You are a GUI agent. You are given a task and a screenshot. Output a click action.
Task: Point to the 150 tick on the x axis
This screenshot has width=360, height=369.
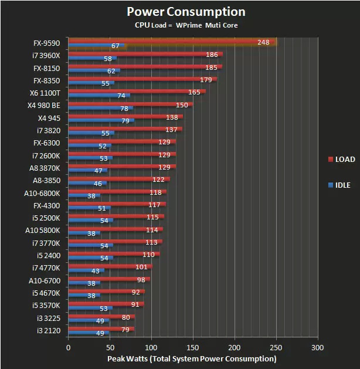click(x=193, y=347)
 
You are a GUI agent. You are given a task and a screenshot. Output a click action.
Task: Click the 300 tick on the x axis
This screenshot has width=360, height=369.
click(x=318, y=347)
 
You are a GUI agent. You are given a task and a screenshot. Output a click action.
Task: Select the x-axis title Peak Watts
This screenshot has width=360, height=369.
click(x=191, y=358)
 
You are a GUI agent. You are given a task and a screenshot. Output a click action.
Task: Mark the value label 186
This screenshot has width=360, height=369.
click(x=212, y=55)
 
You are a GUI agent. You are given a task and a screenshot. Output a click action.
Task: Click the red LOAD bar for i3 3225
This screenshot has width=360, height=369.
click(x=101, y=317)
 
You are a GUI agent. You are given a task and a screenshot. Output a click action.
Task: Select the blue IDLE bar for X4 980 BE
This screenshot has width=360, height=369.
click(x=100, y=109)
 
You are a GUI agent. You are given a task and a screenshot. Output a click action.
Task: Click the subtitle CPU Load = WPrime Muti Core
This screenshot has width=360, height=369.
click(x=186, y=26)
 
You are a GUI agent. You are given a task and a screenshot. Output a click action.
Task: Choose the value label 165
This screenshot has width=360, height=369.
click(x=194, y=92)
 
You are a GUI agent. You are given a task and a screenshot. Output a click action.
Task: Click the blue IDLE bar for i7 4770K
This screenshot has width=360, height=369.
click(x=86, y=271)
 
